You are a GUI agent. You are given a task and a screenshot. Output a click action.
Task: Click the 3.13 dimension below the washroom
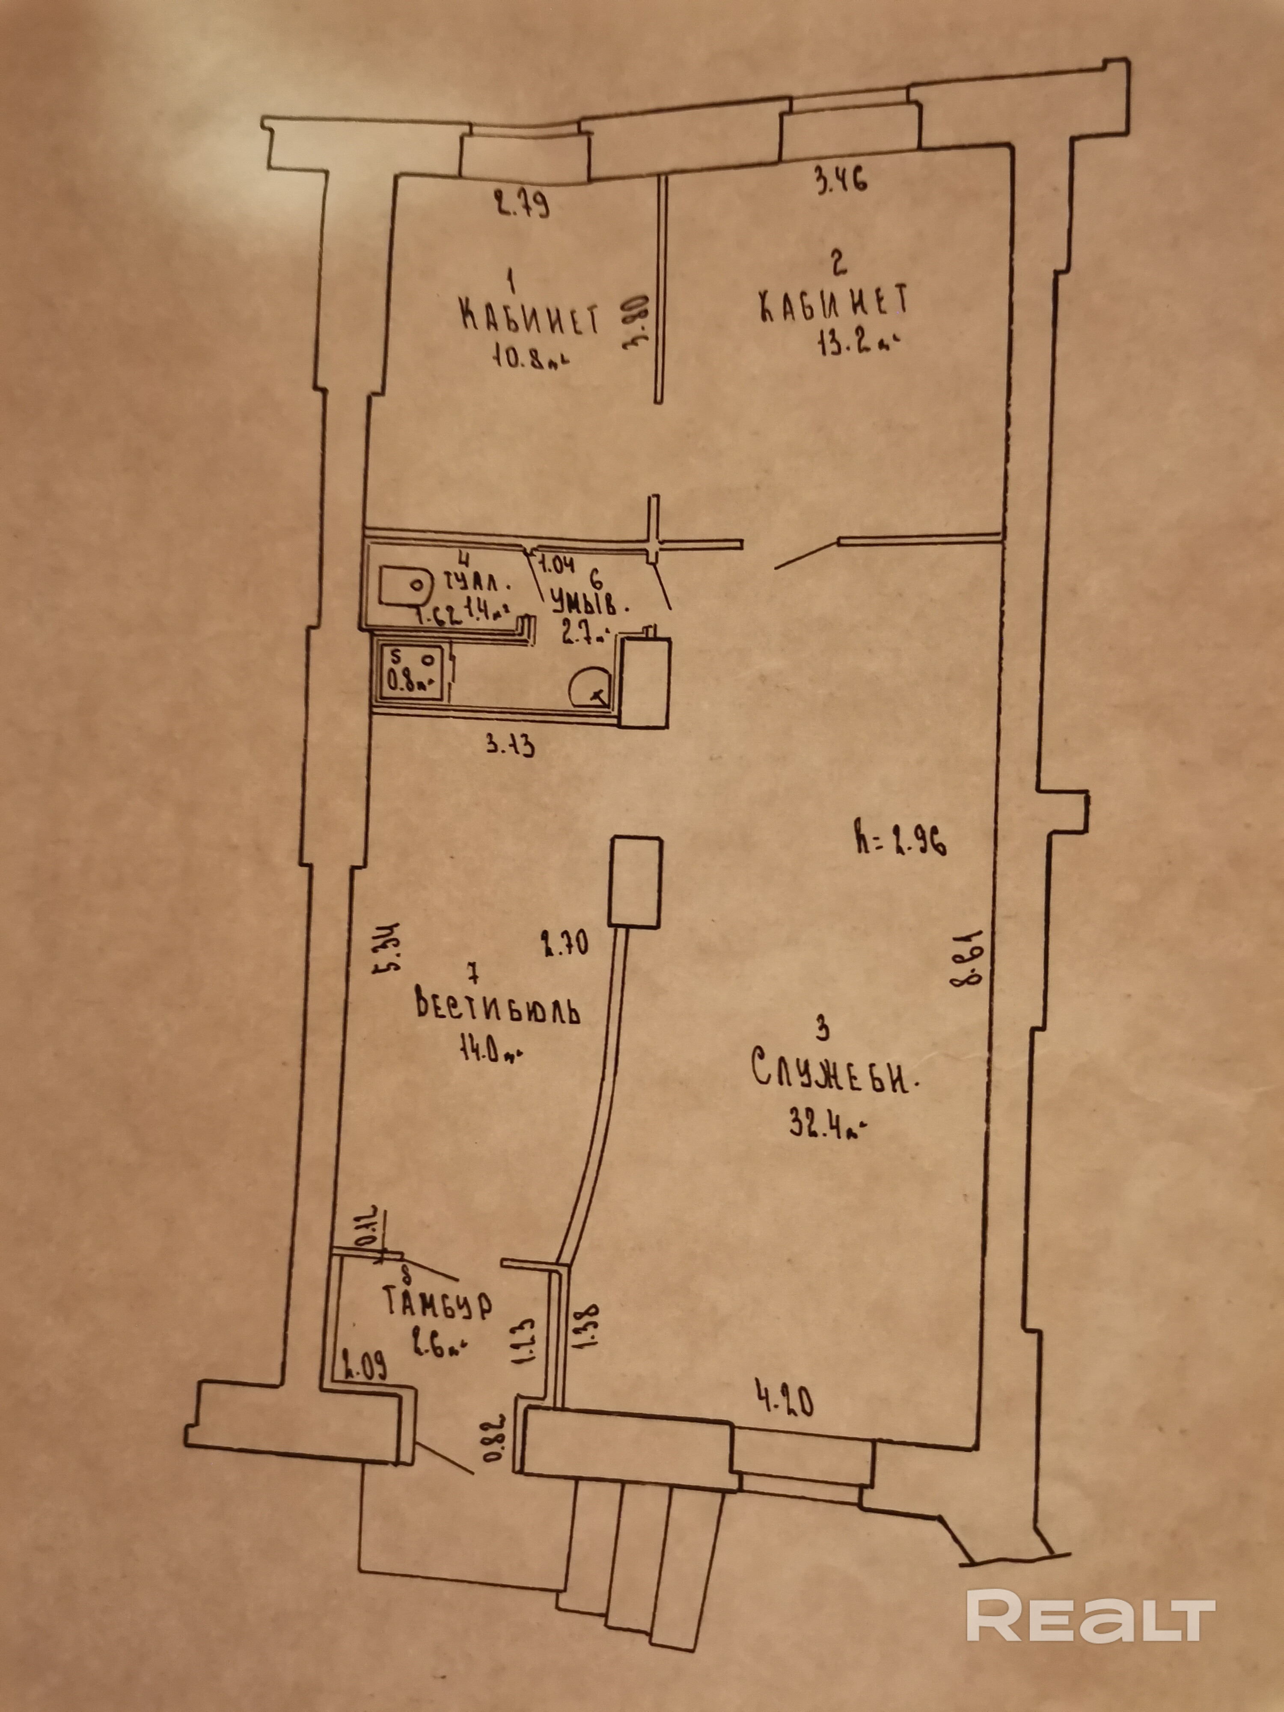coord(510,747)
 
